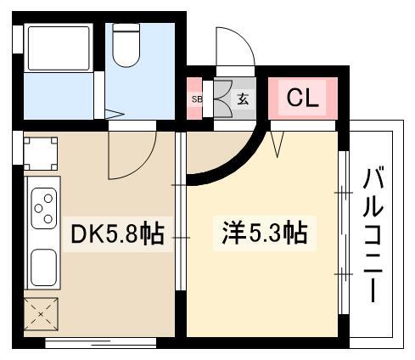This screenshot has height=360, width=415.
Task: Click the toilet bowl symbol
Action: pyautogui.click(x=126, y=45)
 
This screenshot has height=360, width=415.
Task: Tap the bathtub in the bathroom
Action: pyautogui.click(x=59, y=48)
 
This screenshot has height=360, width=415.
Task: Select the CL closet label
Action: pyautogui.click(x=303, y=98)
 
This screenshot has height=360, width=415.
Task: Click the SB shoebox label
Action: pyautogui.click(x=197, y=99)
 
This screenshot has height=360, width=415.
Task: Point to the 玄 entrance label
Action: pyautogui.click(x=243, y=99)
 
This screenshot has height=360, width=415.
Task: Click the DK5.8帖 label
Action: pyautogui.click(x=118, y=234)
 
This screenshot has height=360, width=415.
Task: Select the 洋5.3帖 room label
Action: pyautogui.click(x=265, y=233)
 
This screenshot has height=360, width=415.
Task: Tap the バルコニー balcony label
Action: pyautogui.click(x=373, y=235)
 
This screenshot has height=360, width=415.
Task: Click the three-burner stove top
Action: pyautogui.click(x=44, y=208)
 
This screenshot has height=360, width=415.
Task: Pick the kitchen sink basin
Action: pyautogui.click(x=43, y=267)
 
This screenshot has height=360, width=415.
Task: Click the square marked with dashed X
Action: pyautogui.click(x=41, y=314)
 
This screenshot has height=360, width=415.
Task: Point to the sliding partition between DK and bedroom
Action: pyautogui.click(x=181, y=211)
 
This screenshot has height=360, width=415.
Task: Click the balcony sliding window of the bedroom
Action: pyautogui.click(x=344, y=233)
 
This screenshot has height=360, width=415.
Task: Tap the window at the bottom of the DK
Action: pyautogui.click(x=101, y=343)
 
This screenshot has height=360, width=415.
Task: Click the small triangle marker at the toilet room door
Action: pyautogui.click(x=115, y=114)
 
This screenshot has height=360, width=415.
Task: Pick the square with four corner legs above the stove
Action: pyautogui.click(x=41, y=154)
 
